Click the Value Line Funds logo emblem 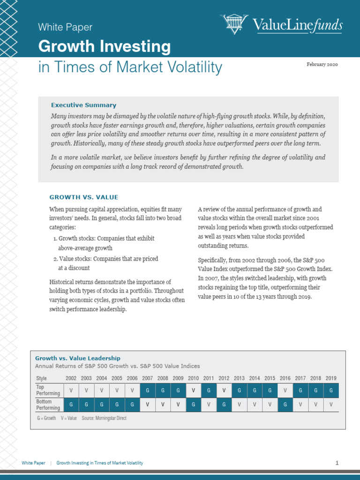click(x=234, y=24)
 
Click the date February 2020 click(x=322, y=65)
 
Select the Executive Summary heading click(x=83, y=105)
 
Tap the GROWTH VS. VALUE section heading click(x=84, y=197)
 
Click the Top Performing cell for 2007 click(x=147, y=390)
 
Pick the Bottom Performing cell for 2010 click(x=193, y=405)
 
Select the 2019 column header click(x=331, y=378)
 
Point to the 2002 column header click(x=71, y=378)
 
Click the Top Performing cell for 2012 click(x=224, y=390)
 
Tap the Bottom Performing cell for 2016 click(x=285, y=405)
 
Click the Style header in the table click(x=42, y=378)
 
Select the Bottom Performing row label click(x=48, y=405)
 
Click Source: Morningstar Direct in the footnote click(x=104, y=418)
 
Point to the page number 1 click(x=337, y=463)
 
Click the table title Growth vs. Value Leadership click(x=78, y=358)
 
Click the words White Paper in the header click(x=65, y=27)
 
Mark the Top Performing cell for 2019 click(x=331, y=390)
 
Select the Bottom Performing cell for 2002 click(x=71, y=405)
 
